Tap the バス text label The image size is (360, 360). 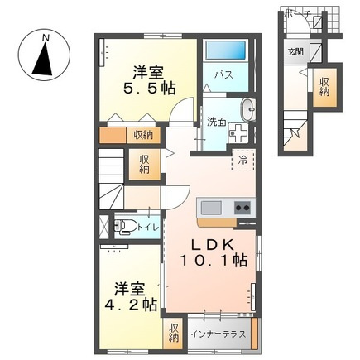tap(223, 75)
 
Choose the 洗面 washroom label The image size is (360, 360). tap(217, 121)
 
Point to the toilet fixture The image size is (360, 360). tap(124, 226)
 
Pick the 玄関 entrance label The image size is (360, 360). tap(295, 51)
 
